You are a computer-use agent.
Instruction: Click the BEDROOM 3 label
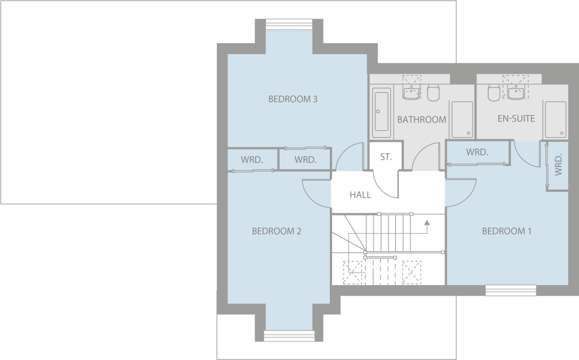[x=293, y=99]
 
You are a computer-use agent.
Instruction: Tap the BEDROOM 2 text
[x=276, y=231]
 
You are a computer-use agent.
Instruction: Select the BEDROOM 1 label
[x=506, y=231]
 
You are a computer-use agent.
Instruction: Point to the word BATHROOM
[x=421, y=120]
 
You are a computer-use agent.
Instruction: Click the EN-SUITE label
[x=516, y=119]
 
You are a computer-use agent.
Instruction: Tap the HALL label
[x=360, y=195]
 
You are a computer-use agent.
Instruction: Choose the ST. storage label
[x=386, y=157]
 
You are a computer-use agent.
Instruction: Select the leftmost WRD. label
[x=252, y=160]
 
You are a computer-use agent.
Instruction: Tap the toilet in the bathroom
[x=433, y=92]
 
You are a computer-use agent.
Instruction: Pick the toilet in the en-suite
[x=493, y=92]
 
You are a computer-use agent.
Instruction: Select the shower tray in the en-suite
[x=555, y=120]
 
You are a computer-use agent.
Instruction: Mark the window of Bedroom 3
[x=288, y=24]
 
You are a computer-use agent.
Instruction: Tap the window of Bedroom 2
[x=289, y=336]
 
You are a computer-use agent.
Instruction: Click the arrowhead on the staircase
[x=426, y=222]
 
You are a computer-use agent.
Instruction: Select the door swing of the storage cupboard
[x=384, y=185]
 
